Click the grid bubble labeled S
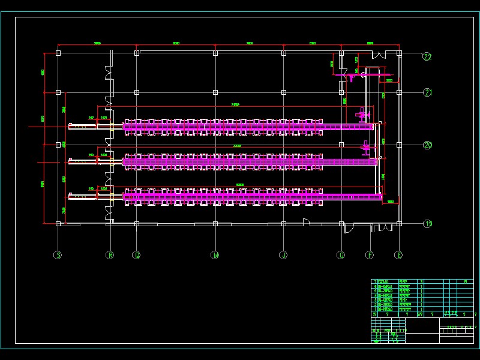[x=58, y=255]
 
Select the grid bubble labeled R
[x=110, y=255]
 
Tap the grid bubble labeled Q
[x=136, y=255]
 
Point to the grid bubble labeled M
[x=215, y=255]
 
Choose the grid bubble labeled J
[x=284, y=255]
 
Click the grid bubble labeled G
[x=341, y=255]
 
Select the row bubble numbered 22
[x=427, y=57]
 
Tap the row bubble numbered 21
[x=427, y=92]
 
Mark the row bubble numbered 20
[x=427, y=145]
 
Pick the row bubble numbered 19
[x=427, y=224]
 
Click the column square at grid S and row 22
[x=58, y=53]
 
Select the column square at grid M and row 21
[x=215, y=92]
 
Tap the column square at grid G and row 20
[x=341, y=145]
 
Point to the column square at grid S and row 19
[x=58, y=223]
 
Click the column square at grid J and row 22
[x=284, y=53]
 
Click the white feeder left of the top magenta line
[x=83, y=126]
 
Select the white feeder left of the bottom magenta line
[x=83, y=196]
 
